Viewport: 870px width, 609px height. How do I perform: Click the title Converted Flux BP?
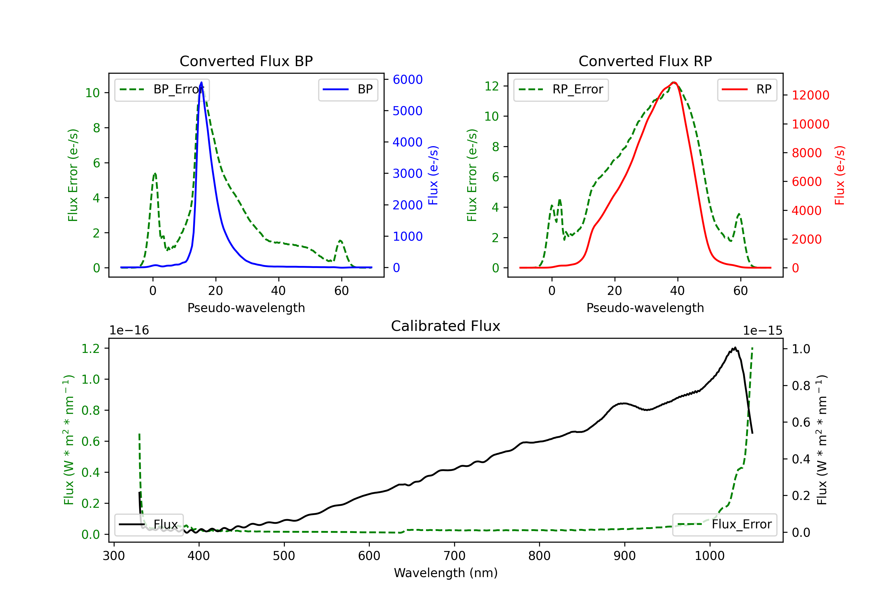click(246, 61)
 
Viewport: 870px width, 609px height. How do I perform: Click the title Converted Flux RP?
click(645, 61)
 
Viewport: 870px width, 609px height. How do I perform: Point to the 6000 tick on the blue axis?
click(407, 79)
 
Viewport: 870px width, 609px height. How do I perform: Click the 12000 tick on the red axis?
click(810, 95)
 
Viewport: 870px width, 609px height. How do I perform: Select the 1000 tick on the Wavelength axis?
click(709, 556)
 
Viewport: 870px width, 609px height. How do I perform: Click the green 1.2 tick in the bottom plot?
click(90, 348)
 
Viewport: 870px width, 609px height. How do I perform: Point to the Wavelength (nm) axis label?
click(446, 573)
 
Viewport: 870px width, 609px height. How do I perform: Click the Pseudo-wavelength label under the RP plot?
click(645, 308)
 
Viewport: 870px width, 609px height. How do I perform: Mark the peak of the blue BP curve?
click(201, 82)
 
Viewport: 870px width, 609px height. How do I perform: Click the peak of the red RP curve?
click(674, 82)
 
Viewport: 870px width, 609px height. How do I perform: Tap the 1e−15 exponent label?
click(762, 331)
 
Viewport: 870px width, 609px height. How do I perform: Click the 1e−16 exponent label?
click(129, 331)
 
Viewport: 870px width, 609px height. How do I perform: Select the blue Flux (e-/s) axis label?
click(433, 175)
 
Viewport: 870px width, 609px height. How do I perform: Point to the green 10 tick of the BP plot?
click(92, 93)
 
